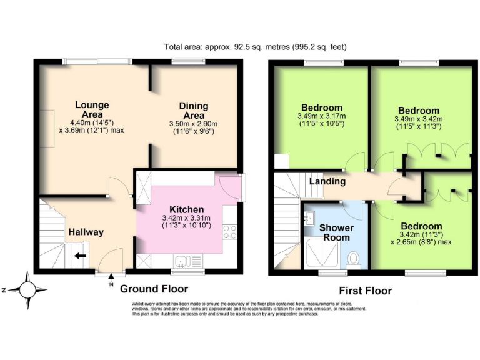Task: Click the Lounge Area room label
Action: (x=92, y=109)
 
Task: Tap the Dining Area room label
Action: (x=194, y=111)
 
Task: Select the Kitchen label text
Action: (x=187, y=210)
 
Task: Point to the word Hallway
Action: (x=86, y=232)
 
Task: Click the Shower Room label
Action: (x=336, y=232)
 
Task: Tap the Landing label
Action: (x=327, y=181)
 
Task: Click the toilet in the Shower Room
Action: (x=354, y=260)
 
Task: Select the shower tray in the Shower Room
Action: (x=322, y=253)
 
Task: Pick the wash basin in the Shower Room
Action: (x=309, y=218)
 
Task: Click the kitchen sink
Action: (x=187, y=261)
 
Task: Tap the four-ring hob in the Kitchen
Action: (x=229, y=232)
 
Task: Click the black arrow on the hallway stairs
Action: (x=81, y=255)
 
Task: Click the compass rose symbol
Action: (x=27, y=290)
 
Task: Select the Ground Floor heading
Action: (x=154, y=289)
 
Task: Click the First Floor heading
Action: (x=365, y=291)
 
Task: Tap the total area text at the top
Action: (x=255, y=47)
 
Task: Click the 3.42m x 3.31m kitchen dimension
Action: (x=186, y=218)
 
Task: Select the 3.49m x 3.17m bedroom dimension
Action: (x=321, y=116)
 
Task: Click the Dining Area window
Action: (x=187, y=62)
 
